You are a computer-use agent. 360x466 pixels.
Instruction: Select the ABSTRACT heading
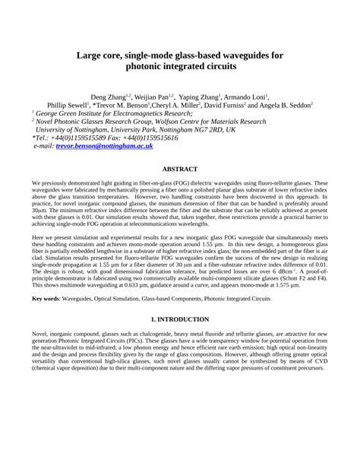(x=180, y=169)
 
